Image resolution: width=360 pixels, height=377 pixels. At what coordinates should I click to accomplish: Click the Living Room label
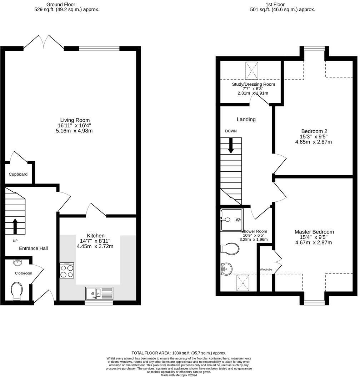tap(75, 120)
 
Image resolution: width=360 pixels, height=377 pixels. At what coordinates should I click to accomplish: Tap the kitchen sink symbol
tap(99, 293)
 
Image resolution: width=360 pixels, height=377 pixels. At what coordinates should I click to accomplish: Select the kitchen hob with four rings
tap(67, 270)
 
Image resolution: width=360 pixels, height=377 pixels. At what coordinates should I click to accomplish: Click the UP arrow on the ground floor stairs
tap(15, 226)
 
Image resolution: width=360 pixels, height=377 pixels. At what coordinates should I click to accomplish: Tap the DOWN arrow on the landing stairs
tap(231, 146)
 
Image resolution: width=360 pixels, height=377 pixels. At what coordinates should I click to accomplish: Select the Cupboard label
tap(18, 174)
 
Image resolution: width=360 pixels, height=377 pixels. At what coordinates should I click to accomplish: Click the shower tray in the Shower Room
tap(231, 220)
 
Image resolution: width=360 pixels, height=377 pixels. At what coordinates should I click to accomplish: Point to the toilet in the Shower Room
tap(230, 249)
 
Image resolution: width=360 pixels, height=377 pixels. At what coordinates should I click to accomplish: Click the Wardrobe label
tap(266, 270)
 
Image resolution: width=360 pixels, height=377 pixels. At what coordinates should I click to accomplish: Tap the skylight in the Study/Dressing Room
tap(251, 70)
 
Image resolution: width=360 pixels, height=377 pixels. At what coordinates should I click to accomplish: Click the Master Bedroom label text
tap(314, 232)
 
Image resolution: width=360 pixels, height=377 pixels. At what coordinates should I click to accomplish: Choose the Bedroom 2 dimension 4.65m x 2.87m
tap(314, 142)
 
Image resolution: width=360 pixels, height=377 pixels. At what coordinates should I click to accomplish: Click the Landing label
tap(246, 119)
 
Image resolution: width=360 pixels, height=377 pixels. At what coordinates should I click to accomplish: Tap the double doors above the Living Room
tap(44, 42)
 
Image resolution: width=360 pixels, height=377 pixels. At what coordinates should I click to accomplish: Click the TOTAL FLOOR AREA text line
tap(179, 353)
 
